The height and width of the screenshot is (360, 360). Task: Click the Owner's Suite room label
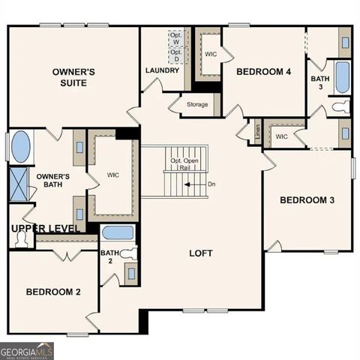[x=73, y=77]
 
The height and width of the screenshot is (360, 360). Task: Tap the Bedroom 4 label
[x=264, y=72]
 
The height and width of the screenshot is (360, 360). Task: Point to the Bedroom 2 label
[x=52, y=292]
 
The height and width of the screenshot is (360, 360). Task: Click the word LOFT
[x=201, y=253]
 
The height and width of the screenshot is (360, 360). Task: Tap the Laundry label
[x=162, y=70]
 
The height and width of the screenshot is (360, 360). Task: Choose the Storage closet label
[x=197, y=104]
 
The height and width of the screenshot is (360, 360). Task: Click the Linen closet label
[x=258, y=131]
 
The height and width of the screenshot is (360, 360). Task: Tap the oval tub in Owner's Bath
[x=21, y=147]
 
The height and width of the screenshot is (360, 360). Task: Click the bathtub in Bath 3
[x=342, y=77]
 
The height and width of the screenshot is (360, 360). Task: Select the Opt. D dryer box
[x=176, y=55]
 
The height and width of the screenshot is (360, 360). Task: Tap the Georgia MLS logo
[x=27, y=350]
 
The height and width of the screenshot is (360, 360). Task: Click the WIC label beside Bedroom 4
[x=211, y=55]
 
